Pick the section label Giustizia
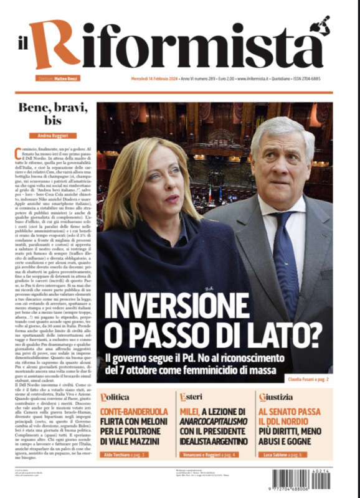click(x=275, y=397)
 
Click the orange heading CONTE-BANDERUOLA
click(x=134, y=411)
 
